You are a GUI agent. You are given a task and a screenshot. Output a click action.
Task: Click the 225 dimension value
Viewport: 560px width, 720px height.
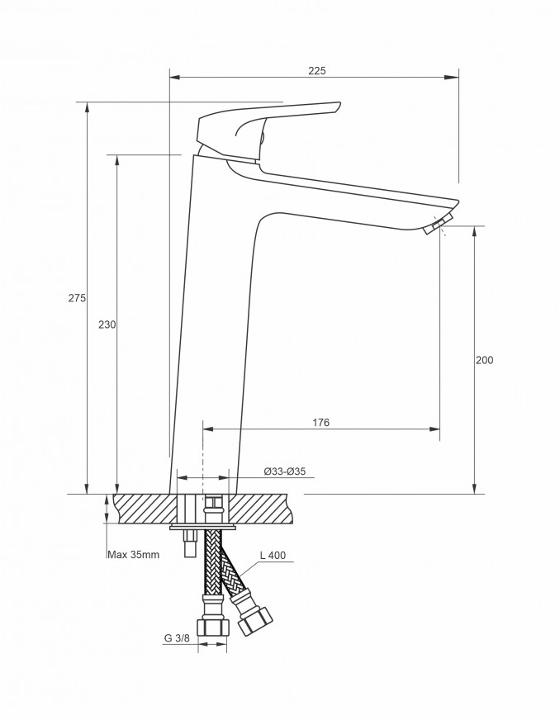pos(316,70)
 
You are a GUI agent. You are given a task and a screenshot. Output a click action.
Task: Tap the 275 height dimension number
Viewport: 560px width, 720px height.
pos(77,297)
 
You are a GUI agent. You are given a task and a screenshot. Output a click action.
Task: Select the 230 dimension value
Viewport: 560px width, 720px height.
pos(107,324)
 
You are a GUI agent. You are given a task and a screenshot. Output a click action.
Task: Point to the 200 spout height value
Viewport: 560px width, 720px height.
pos(484,360)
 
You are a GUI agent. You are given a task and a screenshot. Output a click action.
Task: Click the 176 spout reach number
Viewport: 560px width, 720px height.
pos(321,422)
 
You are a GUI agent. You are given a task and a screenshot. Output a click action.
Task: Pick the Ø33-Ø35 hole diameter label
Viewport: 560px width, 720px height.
pos(285,471)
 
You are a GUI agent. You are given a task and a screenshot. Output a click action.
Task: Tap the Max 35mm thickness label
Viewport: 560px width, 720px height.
pos(133,554)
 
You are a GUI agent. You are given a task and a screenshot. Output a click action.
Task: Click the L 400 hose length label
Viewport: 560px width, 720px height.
pos(273,555)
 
